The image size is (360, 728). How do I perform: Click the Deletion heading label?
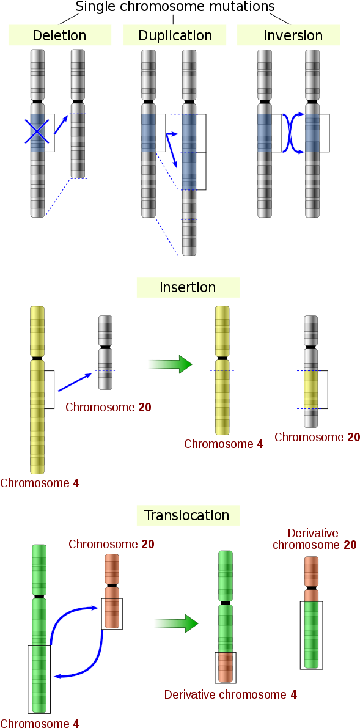59,35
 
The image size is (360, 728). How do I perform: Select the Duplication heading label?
175,35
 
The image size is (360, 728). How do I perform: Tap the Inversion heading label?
293,35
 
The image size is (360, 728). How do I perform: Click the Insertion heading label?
188,287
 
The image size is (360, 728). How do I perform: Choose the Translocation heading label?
187,515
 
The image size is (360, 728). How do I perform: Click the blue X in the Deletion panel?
37,131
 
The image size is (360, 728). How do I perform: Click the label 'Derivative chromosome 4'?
230,694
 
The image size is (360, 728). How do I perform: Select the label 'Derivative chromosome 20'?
314,539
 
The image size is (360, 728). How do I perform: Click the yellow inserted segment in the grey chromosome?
311,390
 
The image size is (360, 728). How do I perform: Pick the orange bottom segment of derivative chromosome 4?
226,667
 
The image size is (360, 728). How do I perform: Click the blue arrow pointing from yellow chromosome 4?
75,383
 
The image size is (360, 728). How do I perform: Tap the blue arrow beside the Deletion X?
61,124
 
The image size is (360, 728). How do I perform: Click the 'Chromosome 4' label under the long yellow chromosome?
40,483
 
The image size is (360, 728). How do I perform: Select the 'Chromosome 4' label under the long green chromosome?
40,723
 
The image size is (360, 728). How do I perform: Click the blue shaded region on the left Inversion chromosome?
264,133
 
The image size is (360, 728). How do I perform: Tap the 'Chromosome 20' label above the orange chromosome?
111,544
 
